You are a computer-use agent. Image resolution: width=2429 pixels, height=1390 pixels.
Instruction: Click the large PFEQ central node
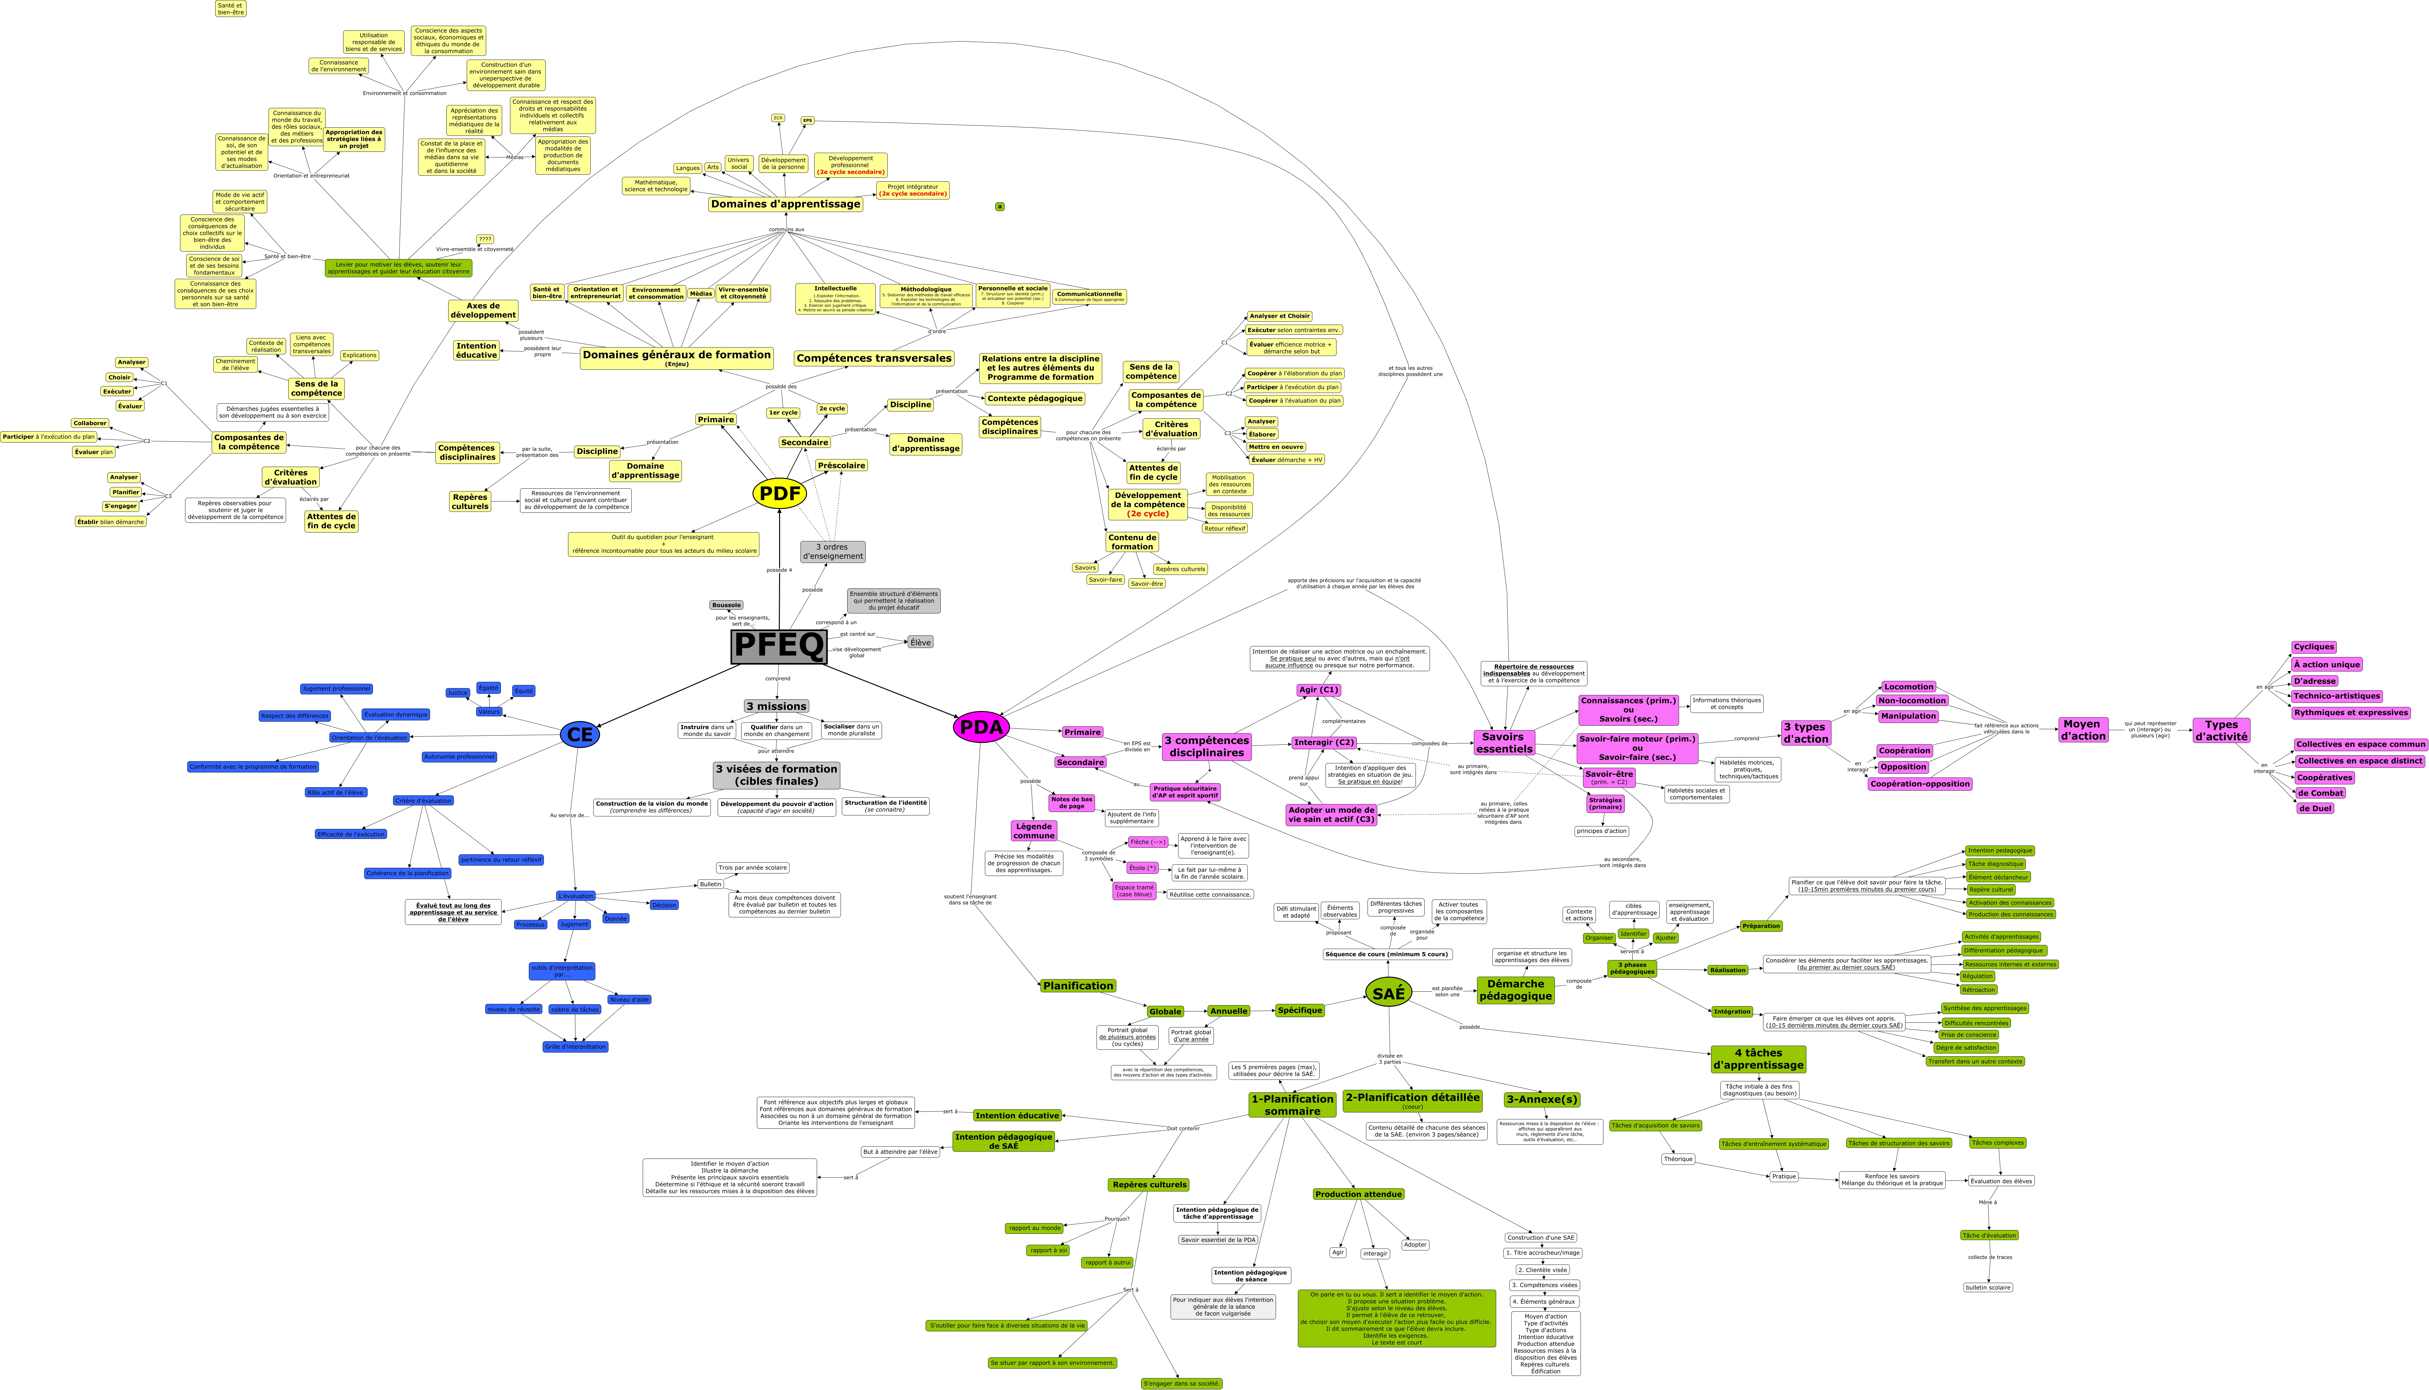(x=778, y=646)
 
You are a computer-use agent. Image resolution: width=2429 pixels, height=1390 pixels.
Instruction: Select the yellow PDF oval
(x=779, y=494)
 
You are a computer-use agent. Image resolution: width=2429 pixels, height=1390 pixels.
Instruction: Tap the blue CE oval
(x=580, y=734)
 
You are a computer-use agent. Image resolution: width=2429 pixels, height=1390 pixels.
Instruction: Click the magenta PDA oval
(x=981, y=727)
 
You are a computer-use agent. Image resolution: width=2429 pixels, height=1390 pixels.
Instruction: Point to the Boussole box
(x=726, y=605)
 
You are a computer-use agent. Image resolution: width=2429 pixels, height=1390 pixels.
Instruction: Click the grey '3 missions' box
(x=776, y=707)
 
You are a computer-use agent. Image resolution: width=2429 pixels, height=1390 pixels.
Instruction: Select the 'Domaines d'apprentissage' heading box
(x=785, y=204)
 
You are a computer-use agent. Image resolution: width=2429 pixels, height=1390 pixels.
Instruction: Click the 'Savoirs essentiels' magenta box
(x=1504, y=743)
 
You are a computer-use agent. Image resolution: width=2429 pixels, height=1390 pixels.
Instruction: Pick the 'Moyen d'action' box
(x=2082, y=730)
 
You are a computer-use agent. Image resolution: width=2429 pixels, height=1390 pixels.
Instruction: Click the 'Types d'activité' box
(x=2221, y=730)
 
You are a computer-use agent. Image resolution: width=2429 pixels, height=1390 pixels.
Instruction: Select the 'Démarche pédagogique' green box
(x=1515, y=990)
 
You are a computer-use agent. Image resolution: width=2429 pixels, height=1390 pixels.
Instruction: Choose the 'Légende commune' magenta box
(x=1033, y=830)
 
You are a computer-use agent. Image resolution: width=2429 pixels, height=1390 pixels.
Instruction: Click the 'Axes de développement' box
(x=483, y=310)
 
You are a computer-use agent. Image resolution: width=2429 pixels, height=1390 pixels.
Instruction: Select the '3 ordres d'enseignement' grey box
(x=832, y=552)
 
